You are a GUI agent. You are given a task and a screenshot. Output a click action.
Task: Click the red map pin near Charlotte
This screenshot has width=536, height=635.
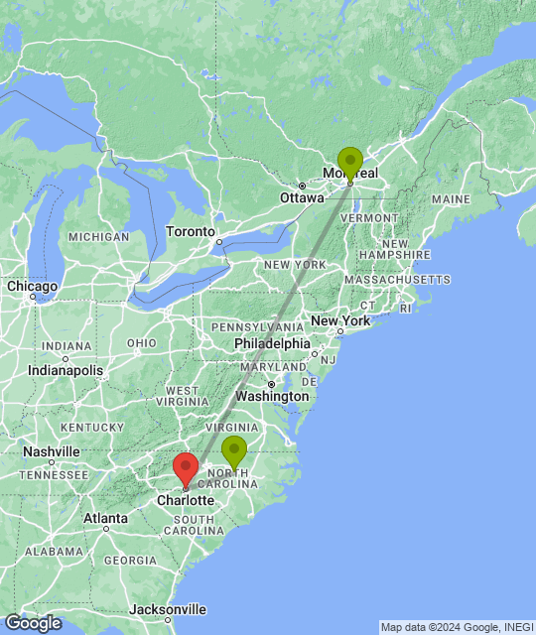click(x=185, y=467)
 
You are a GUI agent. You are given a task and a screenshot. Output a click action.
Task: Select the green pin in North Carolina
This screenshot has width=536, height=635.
click(x=234, y=451)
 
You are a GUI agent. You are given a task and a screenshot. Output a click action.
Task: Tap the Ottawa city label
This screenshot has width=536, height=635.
click(x=302, y=197)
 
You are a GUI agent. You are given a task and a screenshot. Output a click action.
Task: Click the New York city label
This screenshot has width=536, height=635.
click(x=340, y=321)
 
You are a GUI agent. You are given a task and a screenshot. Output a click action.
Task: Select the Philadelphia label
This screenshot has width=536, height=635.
click(x=272, y=343)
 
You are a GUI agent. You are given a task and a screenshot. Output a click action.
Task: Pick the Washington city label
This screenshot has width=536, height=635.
click(x=272, y=396)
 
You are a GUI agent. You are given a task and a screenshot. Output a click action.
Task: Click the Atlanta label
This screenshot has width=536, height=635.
click(x=105, y=518)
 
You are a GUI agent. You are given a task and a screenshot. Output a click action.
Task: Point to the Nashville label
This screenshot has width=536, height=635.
click(x=52, y=451)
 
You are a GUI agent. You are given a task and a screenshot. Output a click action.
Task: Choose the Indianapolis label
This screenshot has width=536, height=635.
click(x=66, y=370)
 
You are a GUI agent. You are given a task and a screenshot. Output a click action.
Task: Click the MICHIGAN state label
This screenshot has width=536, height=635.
click(x=99, y=237)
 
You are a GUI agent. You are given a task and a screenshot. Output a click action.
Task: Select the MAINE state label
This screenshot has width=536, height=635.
click(x=451, y=199)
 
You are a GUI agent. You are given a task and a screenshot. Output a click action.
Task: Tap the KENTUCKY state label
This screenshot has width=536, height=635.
click(x=90, y=427)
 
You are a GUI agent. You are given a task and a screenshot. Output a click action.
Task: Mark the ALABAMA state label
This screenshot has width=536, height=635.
click(x=54, y=551)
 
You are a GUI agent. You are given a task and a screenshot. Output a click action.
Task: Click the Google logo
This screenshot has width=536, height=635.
click(x=32, y=623)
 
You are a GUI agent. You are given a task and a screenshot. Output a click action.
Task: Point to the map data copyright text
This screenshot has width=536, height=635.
click(x=456, y=627)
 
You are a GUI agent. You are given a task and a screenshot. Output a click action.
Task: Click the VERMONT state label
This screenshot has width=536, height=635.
click(x=372, y=217)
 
